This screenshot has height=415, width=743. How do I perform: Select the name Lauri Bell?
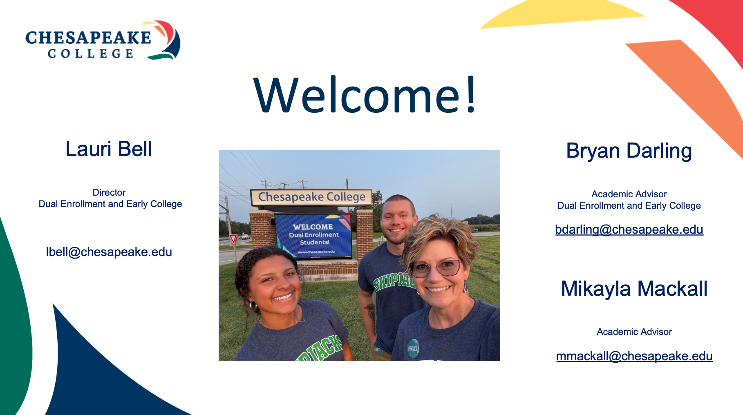tap(109, 149)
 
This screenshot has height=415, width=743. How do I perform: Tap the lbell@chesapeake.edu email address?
tap(109, 252)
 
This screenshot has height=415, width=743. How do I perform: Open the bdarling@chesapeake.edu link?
tap(629, 230)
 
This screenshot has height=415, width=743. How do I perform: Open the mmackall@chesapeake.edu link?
tap(634, 356)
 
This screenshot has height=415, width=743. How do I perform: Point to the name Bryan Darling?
tap(629, 151)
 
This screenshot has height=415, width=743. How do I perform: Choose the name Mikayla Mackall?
tap(634, 289)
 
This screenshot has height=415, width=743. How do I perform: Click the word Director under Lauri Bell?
tap(109, 192)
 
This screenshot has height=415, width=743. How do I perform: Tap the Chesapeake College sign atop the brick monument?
tap(311, 197)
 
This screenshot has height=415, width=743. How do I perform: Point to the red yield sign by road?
tap(233, 239)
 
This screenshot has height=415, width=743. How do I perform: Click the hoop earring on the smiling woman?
tap(253, 306)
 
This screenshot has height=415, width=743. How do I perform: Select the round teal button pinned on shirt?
tap(413, 348)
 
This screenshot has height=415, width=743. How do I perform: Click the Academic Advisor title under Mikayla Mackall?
tap(634, 332)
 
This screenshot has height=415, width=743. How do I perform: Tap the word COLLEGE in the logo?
tap(91, 54)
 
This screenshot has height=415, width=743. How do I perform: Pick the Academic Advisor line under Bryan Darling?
tap(629, 194)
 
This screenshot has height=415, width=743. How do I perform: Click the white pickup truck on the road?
tap(245, 237)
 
